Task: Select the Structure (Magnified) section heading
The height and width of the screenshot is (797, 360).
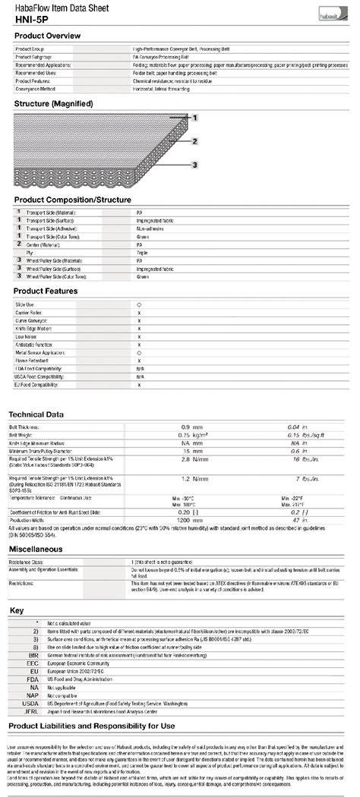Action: [x=53, y=103]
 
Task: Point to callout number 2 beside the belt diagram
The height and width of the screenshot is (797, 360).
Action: [x=194, y=141]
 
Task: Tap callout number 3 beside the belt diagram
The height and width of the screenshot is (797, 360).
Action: [x=194, y=165]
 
